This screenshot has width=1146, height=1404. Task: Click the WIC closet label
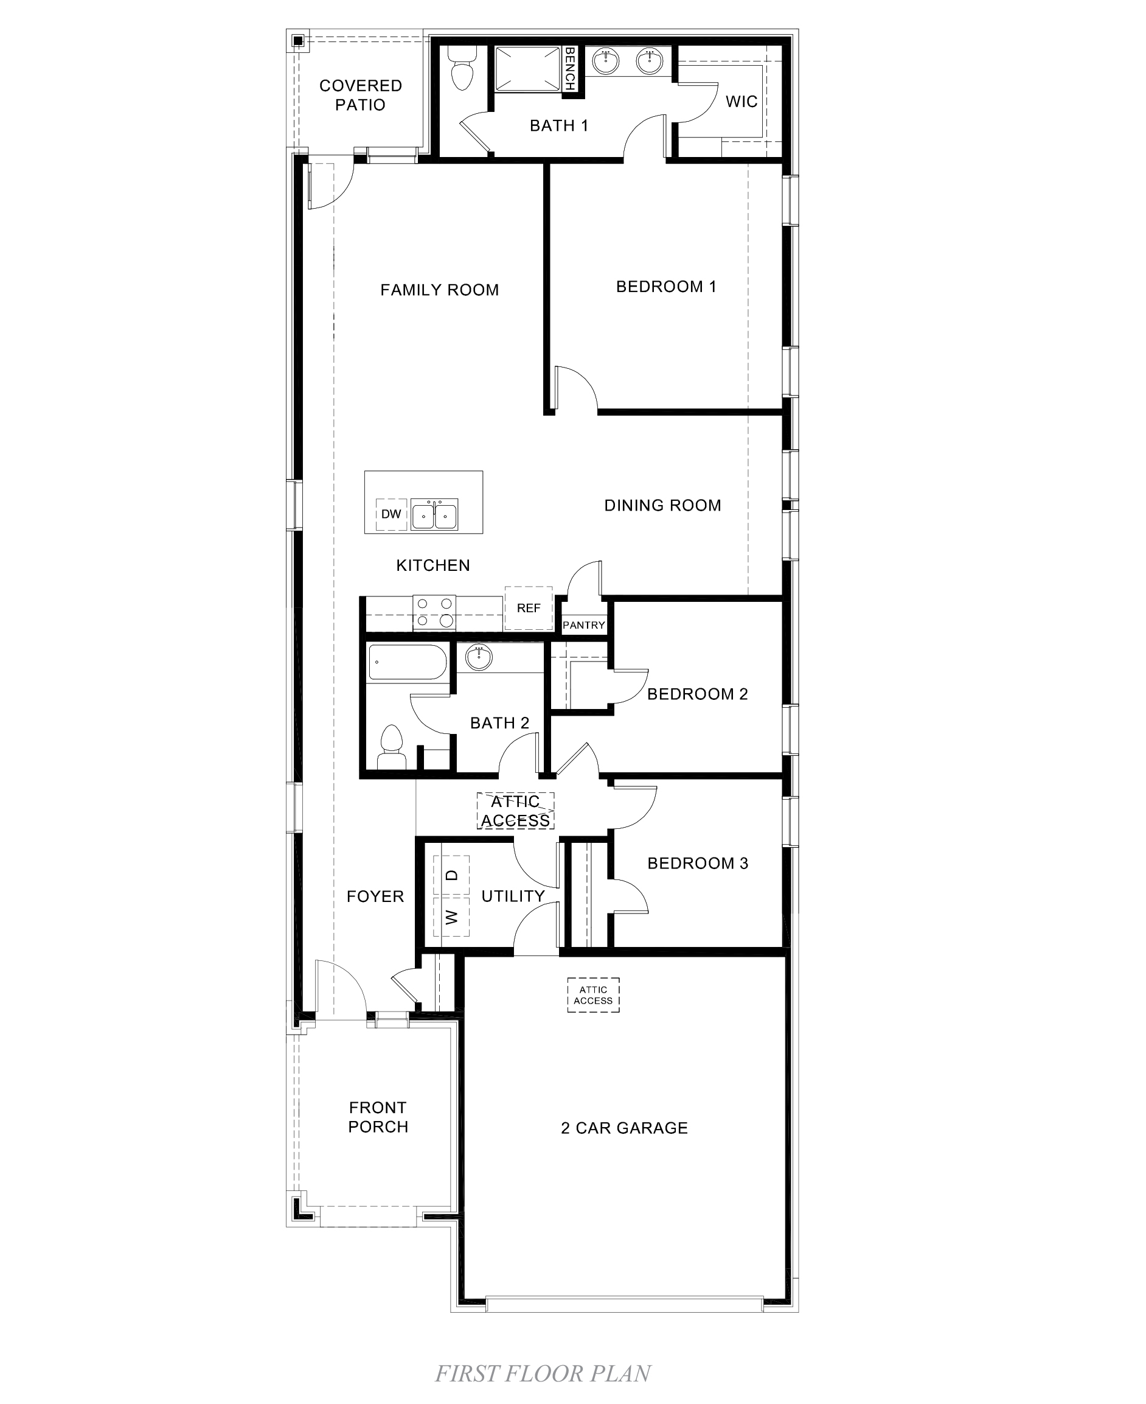(x=741, y=102)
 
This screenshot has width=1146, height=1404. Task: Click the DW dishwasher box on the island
(x=391, y=514)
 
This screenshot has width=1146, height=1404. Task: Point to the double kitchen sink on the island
(x=434, y=514)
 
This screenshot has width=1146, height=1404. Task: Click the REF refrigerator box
(x=528, y=607)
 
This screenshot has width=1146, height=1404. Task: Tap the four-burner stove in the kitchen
(x=434, y=612)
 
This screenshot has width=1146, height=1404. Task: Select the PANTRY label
(x=583, y=625)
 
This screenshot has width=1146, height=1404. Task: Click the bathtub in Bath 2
(x=407, y=662)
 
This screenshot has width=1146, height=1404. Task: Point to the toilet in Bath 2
(x=392, y=747)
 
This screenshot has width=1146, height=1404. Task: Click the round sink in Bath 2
(x=479, y=658)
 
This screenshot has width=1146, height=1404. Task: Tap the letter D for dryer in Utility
(x=451, y=875)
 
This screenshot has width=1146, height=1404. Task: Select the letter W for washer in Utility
(x=451, y=917)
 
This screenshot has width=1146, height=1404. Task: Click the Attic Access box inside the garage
(x=593, y=994)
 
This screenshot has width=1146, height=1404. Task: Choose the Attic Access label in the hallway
(x=515, y=811)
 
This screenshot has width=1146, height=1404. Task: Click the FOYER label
(x=375, y=896)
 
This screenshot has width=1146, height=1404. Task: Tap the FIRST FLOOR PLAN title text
(x=543, y=1373)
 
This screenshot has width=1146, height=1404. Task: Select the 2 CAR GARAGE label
(x=624, y=1128)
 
